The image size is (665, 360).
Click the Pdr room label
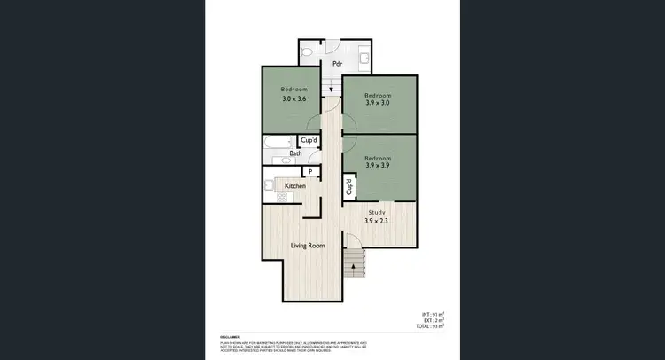337,64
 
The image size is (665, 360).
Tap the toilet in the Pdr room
306,54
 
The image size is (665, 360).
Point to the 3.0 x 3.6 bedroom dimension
293,98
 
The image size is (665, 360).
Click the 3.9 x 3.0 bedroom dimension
379,102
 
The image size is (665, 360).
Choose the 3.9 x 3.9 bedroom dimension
379,164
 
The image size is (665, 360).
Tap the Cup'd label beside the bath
309,140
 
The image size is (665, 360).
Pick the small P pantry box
310,171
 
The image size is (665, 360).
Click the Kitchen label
295,186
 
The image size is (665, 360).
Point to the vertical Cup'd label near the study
349,187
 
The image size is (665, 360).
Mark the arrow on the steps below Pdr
331,88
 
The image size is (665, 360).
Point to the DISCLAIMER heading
231,336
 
